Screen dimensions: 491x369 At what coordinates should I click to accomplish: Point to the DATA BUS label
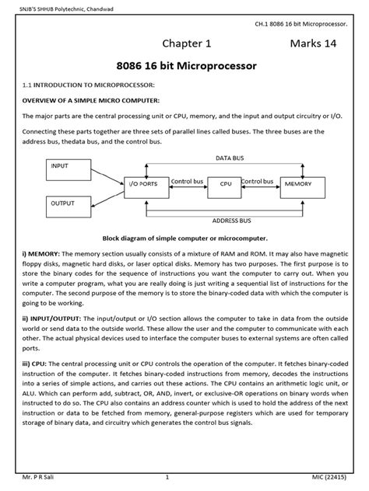point(229,158)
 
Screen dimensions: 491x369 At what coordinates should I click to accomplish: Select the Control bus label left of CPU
point(187,181)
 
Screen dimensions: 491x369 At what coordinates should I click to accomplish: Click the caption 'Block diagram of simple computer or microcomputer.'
point(184,239)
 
